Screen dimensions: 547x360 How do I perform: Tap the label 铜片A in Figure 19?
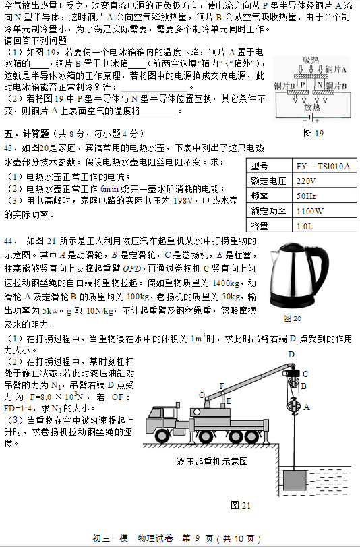point(336,69)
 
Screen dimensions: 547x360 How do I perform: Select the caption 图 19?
point(313,132)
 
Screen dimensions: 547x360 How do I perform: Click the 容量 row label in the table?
point(260,225)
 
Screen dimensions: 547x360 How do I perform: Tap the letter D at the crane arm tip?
point(292,355)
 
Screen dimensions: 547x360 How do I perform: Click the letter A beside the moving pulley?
point(307,407)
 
